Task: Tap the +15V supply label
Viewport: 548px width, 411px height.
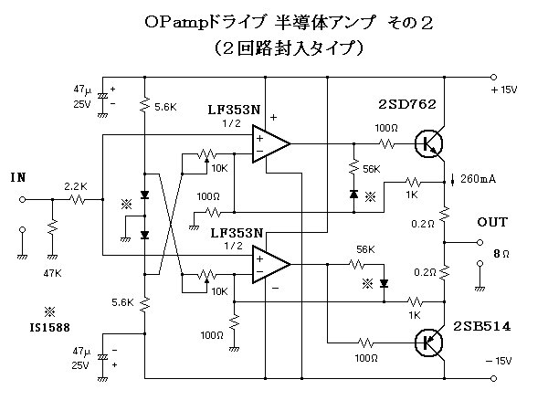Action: (x=504, y=90)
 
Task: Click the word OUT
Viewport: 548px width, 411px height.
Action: (x=493, y=223)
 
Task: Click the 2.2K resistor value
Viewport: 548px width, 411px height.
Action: (x=75, y=186)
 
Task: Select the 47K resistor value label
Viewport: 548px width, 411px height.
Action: (x=53, y=272)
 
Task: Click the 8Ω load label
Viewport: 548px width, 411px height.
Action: (x=500, y=253)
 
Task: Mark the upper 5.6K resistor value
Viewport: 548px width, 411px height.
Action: (x=165, y=107)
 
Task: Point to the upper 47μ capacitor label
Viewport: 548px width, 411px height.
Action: (x=82, y=90)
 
